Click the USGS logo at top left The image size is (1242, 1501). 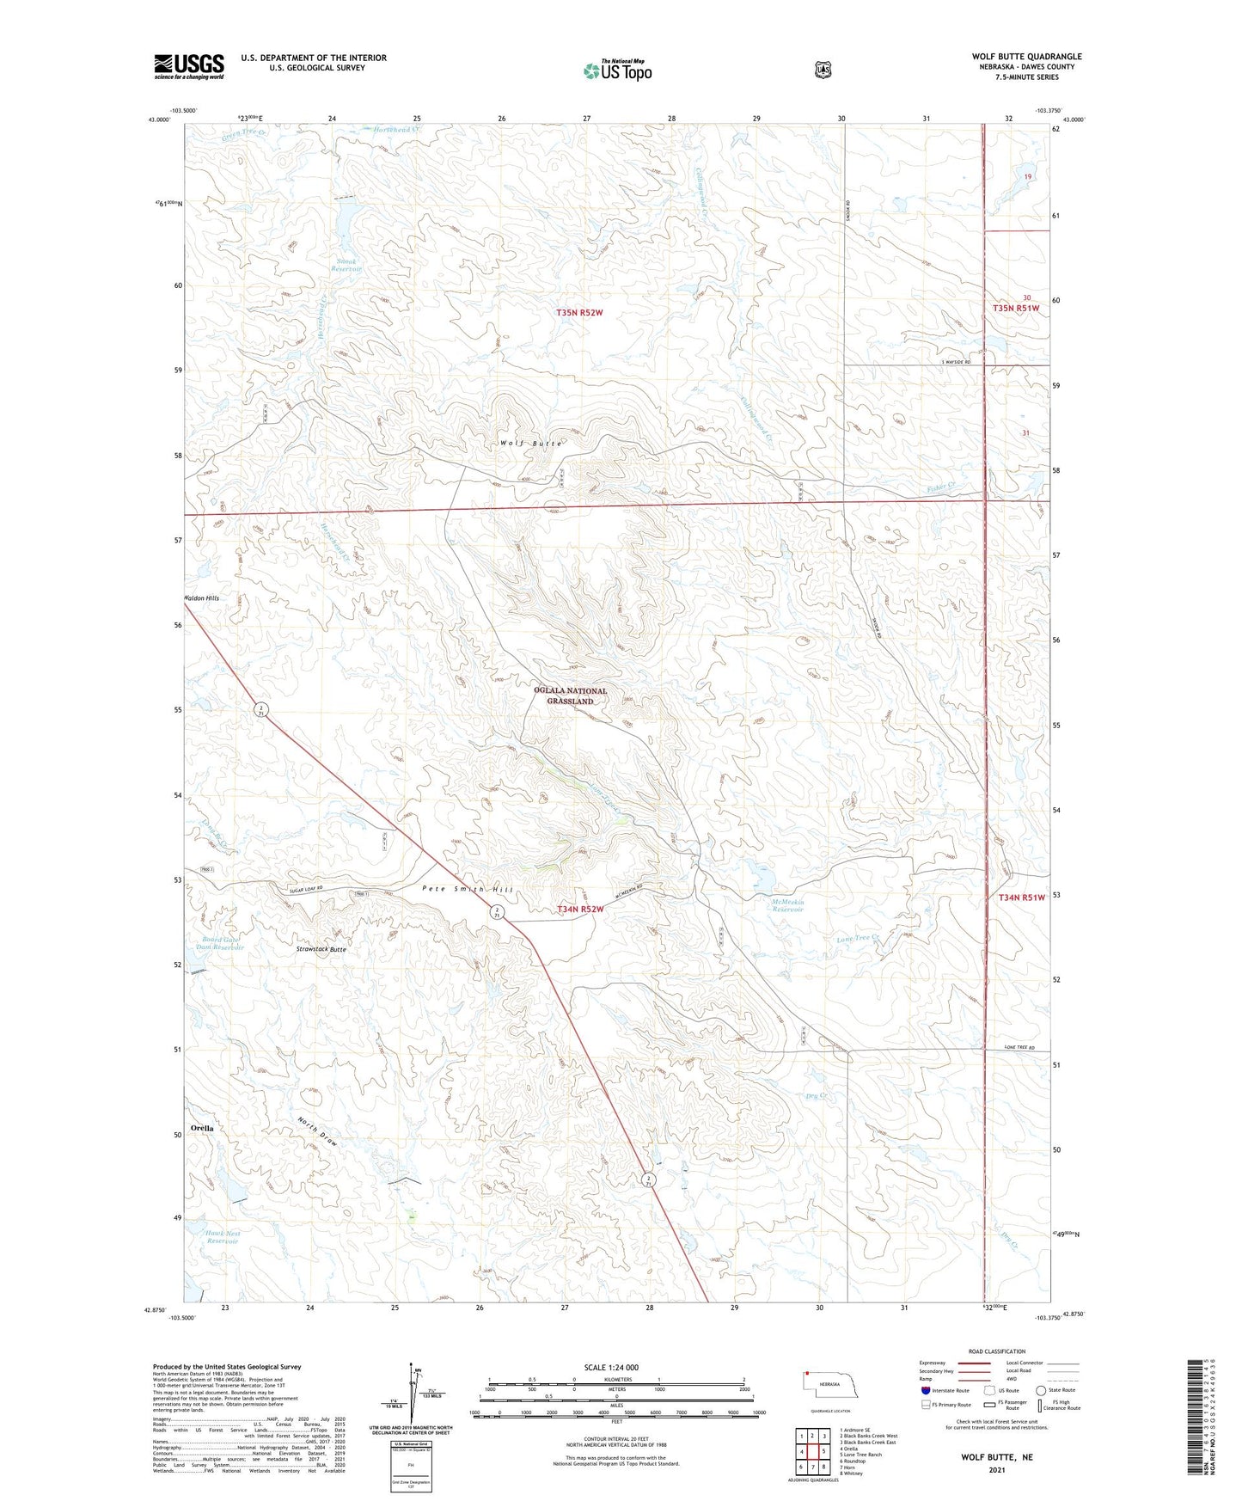click(189, 66)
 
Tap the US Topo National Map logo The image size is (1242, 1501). click(617, 70)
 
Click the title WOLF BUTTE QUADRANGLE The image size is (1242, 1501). click(1027, 57)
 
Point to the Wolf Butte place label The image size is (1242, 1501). click(531, 444)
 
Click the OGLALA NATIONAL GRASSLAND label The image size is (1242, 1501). click(570, 695)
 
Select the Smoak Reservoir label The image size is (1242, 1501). click(347, 265)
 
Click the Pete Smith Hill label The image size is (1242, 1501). click(468, 889)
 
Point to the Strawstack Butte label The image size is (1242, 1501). click(321, 949)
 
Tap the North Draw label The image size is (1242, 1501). click(318, 1133)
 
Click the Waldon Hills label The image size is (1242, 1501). click(201, 598)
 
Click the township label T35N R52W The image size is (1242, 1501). click(579, 313)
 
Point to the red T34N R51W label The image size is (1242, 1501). click(1021, 898)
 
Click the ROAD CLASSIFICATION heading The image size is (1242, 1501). click(996, 1351)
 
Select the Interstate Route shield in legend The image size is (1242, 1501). click(925, 1390)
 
